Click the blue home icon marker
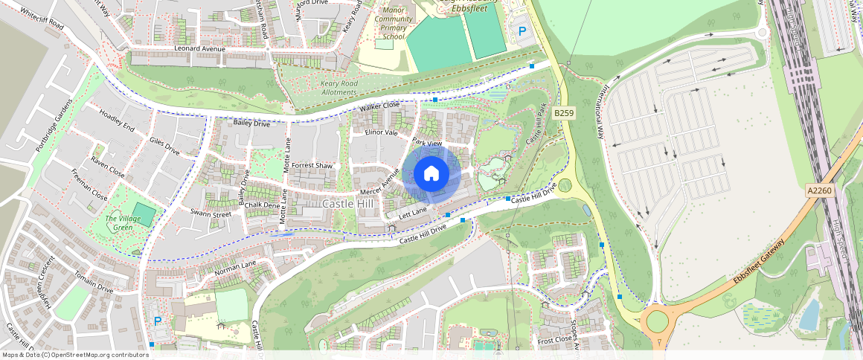pos(431,174)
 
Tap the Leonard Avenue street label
pos(199,48)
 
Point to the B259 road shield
pos(563,112)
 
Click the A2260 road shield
pos(818,191)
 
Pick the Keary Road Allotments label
pos(339,88)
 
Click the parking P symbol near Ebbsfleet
pos(522,32)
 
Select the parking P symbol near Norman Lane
pos(157,321)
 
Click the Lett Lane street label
pos(412,215)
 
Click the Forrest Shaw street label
pos(312,165)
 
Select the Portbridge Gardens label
pos(54,124)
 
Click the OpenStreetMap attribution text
pos(74,355)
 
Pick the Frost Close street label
pos(554,339)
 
